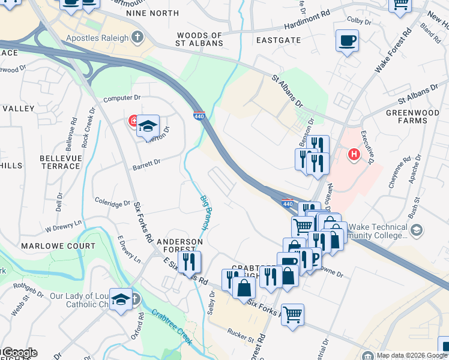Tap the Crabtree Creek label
172,327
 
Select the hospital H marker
354,155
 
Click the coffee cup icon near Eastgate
347,41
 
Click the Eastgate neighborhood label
278,40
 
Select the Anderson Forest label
180,246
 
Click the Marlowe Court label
58,246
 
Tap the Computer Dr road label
121,98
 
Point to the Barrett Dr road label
146,162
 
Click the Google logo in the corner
19,353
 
